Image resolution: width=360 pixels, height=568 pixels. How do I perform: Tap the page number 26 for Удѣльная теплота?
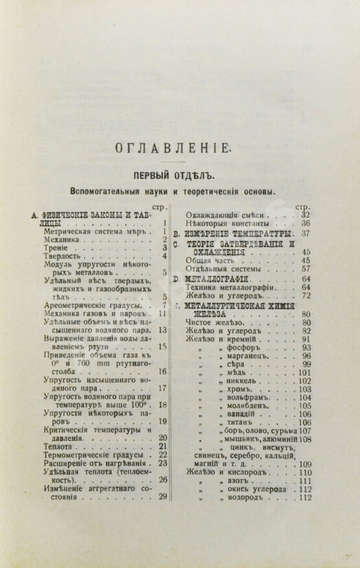click(163, 480)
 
